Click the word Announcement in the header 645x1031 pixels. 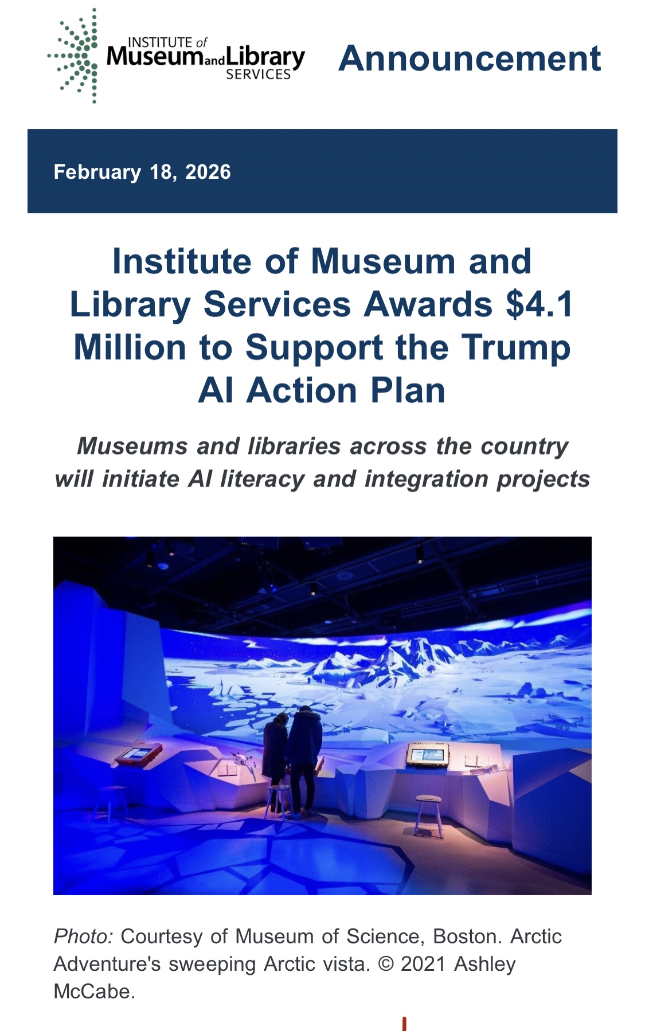point(470,58)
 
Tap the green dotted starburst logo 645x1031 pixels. point(73,56)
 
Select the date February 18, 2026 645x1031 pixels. point(142,172)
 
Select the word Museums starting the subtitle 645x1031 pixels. point(132,446)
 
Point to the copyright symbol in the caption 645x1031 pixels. point(386,964)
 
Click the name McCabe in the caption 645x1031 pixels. point(94,991)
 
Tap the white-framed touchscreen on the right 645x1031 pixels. point(427,754)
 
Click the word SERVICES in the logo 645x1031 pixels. point(259,75)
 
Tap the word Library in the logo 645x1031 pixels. point(265,57)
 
